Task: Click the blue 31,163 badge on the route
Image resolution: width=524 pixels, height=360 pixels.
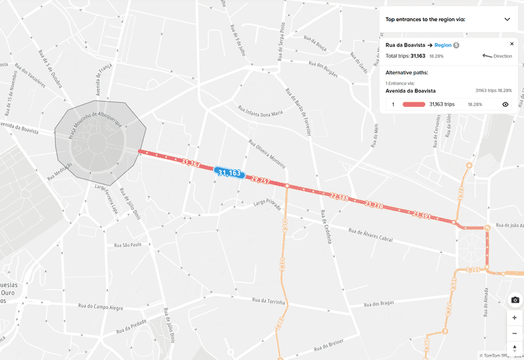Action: (x=229, y=173)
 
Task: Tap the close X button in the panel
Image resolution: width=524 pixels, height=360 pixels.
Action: (x=512, y=44)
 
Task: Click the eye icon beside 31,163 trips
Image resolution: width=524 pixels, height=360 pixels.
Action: (x=506, y=104)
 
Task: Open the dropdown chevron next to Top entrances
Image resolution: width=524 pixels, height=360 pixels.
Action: (x=507, y=19)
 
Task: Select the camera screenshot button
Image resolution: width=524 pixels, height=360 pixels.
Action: (x=514, y=300)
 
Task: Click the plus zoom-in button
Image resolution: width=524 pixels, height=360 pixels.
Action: (x=514, y=318)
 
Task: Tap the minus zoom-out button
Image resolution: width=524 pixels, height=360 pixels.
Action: (x=514, y=333)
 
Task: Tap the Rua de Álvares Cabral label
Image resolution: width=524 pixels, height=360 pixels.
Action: (x=371, y=235)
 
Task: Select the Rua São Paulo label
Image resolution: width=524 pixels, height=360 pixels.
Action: (x=127, y=245)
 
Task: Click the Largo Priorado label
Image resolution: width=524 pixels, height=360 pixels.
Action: (x=267, y=202)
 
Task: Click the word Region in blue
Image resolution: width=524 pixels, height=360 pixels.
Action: (x=443, y=45)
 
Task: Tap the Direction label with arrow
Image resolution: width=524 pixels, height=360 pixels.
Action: (x=497, y=56)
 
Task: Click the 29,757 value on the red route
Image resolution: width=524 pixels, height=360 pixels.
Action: (x=261, y=181)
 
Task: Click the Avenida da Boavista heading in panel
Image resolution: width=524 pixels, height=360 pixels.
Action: (x=411, y=91)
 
